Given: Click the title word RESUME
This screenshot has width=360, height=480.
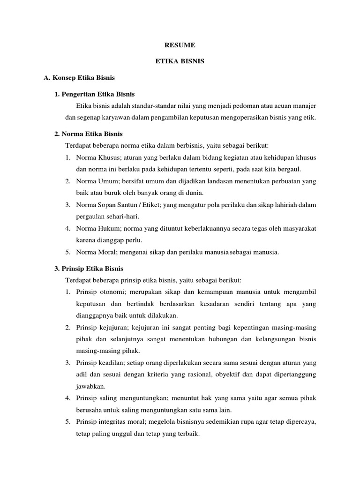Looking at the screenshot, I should click(x=180, y=45).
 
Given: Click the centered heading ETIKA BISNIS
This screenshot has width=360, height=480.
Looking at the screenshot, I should click(x=180, y=61).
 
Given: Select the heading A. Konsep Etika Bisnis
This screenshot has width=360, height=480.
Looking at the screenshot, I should click(x=79, y=76).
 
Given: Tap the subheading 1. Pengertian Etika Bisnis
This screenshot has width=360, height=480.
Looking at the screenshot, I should click(x=95, y=94).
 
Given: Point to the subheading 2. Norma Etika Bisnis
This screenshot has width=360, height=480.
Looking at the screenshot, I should click(x=89, y=133).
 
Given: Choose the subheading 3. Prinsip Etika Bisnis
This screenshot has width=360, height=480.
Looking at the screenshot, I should click(x=89, y=269).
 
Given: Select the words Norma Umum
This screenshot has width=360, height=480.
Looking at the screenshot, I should click(x=93, y=180).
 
